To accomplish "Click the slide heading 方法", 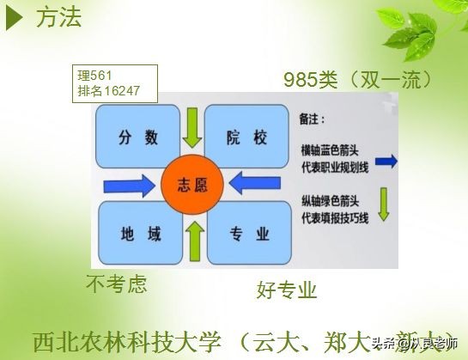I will [x=59, y=18].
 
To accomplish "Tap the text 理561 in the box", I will [x=95, y=74].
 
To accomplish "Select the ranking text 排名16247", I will [x=108, y=89].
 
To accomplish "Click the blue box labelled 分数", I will [x=137, y=136].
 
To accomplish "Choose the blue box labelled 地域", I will [x=137, y=233].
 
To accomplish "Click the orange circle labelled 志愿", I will [x=191, y=184].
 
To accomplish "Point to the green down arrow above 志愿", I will [x=192, y=127].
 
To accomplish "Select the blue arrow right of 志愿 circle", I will [x=258, y=184].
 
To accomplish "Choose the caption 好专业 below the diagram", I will [x=287, y=288].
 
